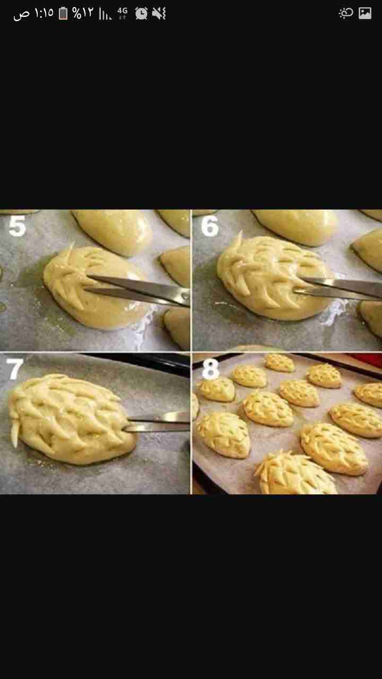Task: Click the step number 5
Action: (17, 226)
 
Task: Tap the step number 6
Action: (210, 226)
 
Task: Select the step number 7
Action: (14, 369)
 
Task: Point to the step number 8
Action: (210, 369)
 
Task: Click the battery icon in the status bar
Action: (63, 13)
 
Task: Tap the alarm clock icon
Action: (141, 13)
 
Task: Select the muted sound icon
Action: (159, 14)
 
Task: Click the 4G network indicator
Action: (123, 13)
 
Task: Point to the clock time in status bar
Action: (44, 13)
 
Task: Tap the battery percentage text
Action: (82, 13)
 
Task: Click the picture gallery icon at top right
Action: (365, 13)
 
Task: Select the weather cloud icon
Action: (345, 13)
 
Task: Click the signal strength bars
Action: (105, 14)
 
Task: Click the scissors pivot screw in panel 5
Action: (184, 296)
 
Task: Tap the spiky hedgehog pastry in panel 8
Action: (296, 473)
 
